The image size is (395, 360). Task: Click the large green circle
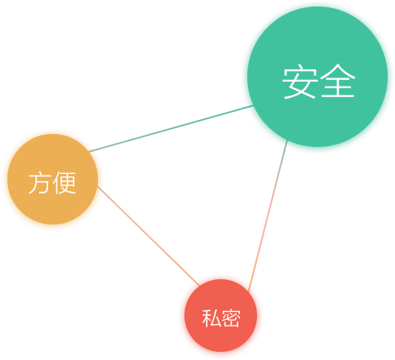coord(317,77)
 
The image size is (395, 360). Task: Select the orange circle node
coord(52,179)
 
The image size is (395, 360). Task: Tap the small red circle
coord(220,315)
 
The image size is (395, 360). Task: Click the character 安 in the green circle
coord(300,82)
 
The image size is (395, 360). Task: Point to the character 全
coord(338,81)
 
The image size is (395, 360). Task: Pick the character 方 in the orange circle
coord(39,183)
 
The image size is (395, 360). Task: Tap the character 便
coord(64,183)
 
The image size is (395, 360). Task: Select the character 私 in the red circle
coord(211,318)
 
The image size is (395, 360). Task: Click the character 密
coord(231,318)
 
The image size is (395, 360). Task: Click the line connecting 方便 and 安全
coord(171,129)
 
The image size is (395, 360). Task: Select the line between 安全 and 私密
coord(268,216)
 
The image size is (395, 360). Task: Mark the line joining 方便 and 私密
coord(149,236)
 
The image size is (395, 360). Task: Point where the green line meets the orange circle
coord(89,152)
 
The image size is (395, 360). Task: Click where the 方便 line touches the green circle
coord(253,106)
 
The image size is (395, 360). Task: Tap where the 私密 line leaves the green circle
coord(287,140)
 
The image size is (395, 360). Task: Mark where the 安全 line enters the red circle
coord(249,291)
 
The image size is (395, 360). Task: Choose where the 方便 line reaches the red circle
coord(200,286)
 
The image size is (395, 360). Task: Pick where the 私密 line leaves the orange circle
coord(98,187)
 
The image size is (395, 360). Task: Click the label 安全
coord(318,82)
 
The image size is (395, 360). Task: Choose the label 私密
coord(221,318)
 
